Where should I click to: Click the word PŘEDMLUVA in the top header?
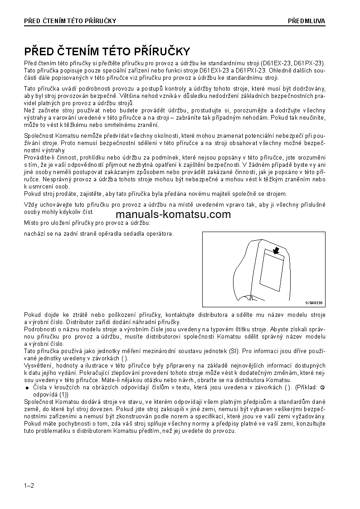pos(306,21)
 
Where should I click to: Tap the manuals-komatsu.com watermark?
pos(174,214)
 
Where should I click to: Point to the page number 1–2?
pos(29,486)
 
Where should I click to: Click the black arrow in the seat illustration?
pos(276,250)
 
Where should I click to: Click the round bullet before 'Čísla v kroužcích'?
pos(27,388)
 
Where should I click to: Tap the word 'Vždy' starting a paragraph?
pos(30,204)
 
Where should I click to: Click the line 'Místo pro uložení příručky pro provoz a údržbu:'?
pos(87,223)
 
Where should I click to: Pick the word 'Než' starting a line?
pos(29,110)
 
